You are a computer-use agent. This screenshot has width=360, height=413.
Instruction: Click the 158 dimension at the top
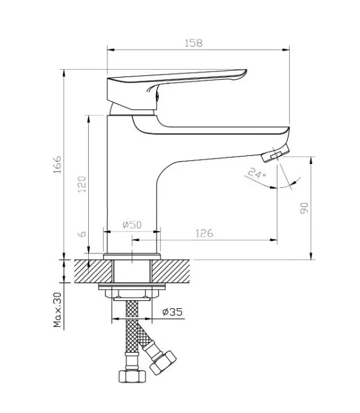tap(194, 43)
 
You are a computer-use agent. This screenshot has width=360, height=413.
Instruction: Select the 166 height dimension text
tap(57, 165)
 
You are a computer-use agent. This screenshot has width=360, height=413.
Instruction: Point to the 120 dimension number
tap(82, 184)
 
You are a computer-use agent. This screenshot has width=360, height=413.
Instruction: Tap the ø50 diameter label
tap(132, 224)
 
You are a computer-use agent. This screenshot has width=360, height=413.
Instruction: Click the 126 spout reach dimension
tap(205, 234)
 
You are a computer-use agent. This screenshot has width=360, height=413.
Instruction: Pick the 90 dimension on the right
tap(304, 208)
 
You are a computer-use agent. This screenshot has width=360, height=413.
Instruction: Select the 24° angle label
tap(257, 173)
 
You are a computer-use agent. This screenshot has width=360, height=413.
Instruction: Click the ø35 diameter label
tap(173, 312)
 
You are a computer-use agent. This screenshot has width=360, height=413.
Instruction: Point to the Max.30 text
tap(57, 310)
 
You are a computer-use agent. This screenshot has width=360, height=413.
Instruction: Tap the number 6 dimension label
tap(83, 234)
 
